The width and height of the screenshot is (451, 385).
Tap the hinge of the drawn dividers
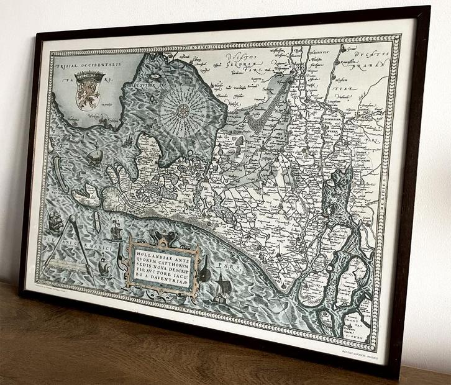[72, 219]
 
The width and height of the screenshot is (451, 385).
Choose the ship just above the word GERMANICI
[116, 233]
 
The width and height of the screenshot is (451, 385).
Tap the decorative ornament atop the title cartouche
[163, 237]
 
